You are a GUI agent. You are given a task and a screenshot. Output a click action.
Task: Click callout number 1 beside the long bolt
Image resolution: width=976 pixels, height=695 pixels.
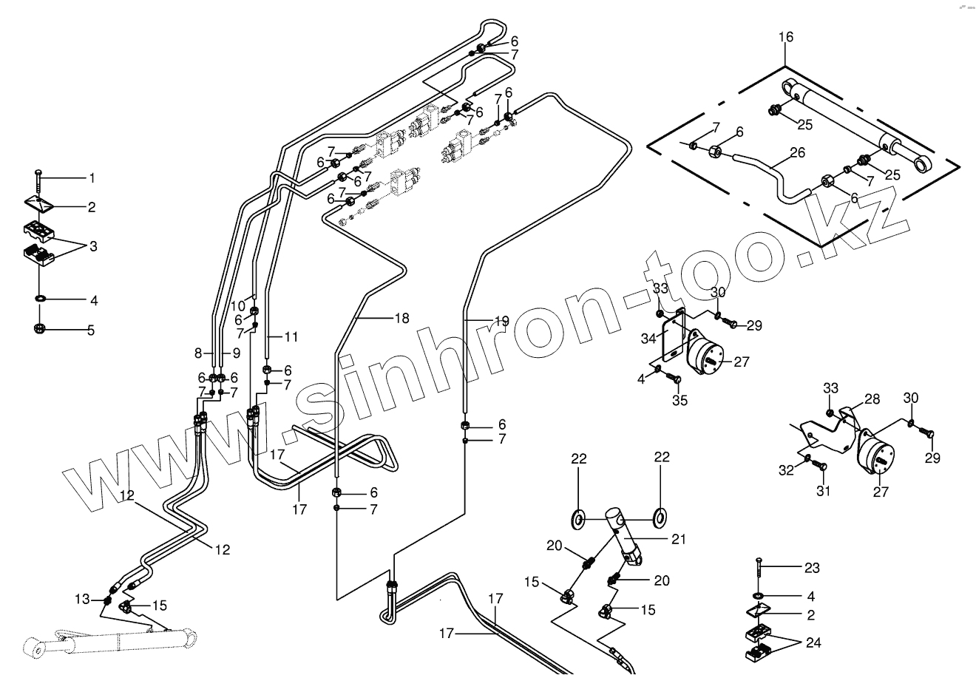92,178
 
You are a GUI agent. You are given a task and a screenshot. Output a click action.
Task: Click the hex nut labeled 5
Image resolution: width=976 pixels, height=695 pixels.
39,329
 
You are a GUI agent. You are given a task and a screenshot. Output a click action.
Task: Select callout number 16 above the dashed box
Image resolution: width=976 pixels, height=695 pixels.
785,37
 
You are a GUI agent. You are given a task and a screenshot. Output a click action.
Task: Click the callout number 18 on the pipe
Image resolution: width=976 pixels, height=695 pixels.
401,318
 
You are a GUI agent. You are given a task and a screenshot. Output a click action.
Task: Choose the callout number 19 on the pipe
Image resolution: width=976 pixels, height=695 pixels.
501,321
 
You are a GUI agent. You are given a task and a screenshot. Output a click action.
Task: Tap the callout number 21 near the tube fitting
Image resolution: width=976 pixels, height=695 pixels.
679,540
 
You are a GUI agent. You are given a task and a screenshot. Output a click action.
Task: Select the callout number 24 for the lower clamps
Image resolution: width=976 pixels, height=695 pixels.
813,643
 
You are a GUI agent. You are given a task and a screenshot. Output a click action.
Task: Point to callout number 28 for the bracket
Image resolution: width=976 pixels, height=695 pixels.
872,399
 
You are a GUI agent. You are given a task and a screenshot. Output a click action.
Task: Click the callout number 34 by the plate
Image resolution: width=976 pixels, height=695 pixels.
648,339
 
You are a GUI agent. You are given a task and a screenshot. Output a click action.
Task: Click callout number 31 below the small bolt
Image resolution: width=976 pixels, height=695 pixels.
823,491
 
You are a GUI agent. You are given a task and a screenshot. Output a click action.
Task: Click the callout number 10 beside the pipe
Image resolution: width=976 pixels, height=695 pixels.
237,306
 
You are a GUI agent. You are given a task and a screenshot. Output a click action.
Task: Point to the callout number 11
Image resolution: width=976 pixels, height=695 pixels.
291,337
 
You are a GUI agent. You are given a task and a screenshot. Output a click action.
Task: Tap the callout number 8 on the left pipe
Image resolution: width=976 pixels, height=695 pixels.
198,353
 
